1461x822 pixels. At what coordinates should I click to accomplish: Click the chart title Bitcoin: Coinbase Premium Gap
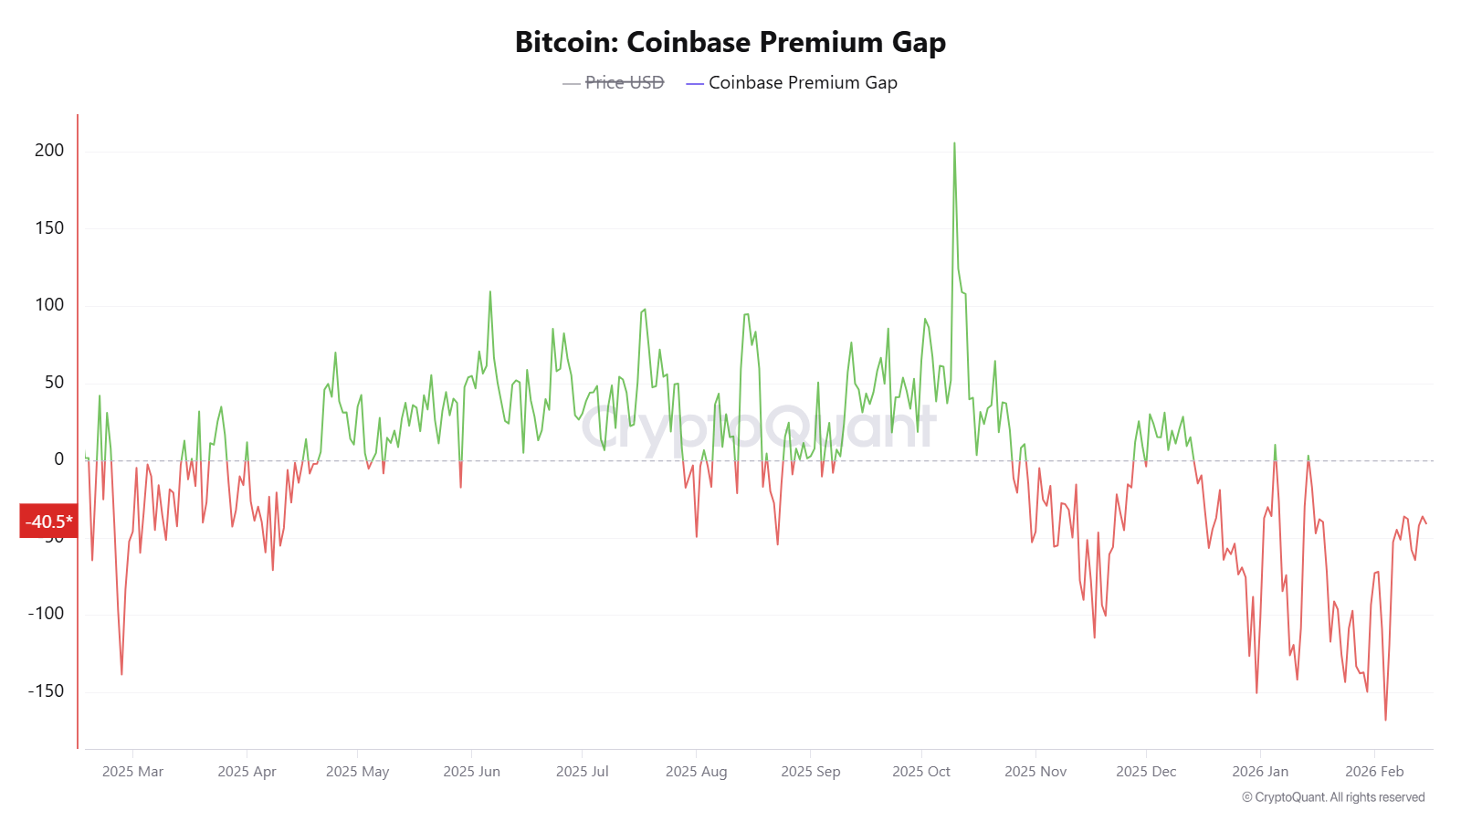(x=730, y=42)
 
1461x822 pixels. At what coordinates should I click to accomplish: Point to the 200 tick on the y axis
(x=49, y=151)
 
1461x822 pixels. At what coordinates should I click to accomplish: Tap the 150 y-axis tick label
(x=49, y=228)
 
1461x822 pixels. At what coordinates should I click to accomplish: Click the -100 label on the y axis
(x=46, y=614)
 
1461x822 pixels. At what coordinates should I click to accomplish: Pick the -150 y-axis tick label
(x=46, y=691)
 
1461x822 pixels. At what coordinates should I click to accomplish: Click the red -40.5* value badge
(x=48, y=522)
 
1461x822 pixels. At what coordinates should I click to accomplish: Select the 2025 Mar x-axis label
(x=132, y=772)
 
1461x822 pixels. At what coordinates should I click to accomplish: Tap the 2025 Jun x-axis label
(x=471, y=772)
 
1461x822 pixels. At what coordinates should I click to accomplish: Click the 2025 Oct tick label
(x=920, y=772)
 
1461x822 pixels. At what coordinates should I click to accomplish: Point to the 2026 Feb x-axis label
(x=1373, y=772)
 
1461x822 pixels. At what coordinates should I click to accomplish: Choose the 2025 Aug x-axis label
(x=696, y=772)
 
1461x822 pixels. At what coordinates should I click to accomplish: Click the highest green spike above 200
(x=954, y=144)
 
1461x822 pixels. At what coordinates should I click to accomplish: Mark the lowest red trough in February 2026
(x=1385, y=719)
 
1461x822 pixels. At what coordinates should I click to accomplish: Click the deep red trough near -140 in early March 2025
(x=121, y=673)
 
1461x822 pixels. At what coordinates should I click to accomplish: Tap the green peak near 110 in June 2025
(x=490, y=293)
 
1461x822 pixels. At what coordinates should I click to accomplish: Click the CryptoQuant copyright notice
(x=1332, y=797)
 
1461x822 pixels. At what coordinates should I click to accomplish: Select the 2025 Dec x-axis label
(x=1145, y=772)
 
